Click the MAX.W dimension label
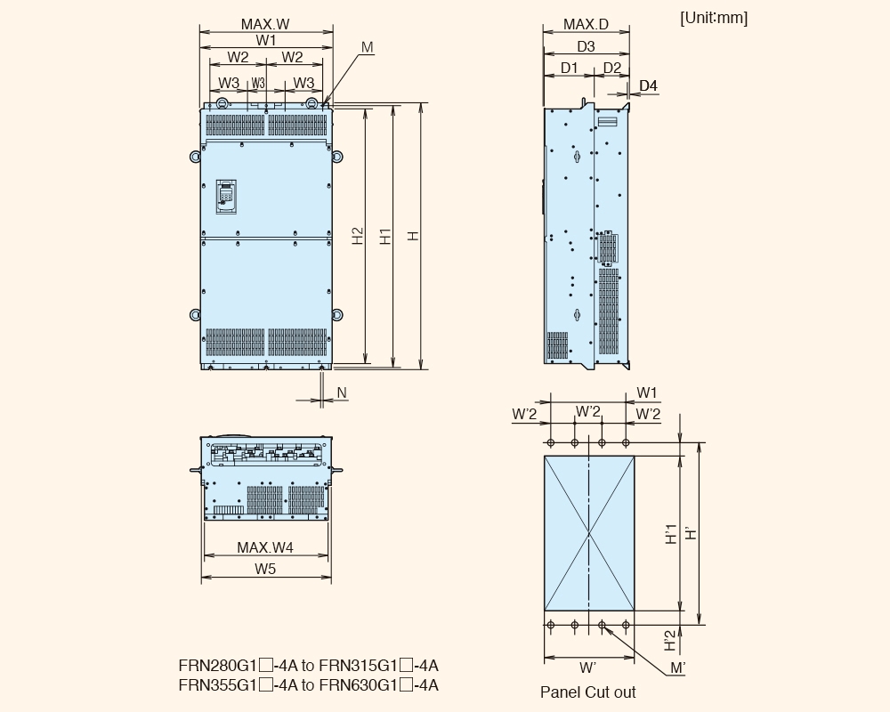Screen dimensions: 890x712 (265, 24)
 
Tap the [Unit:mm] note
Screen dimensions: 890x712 (714, 18)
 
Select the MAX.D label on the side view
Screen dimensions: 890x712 (586, 24)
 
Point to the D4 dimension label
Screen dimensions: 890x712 (648, 85)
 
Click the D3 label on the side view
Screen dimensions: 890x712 (586, 46)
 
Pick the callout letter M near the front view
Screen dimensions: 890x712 (368, 47)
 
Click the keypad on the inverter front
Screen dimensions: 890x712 (226, 197)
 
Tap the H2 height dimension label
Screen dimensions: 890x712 (358, 236)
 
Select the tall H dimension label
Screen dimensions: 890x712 (414, 236)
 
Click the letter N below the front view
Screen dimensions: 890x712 (341, 392)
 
